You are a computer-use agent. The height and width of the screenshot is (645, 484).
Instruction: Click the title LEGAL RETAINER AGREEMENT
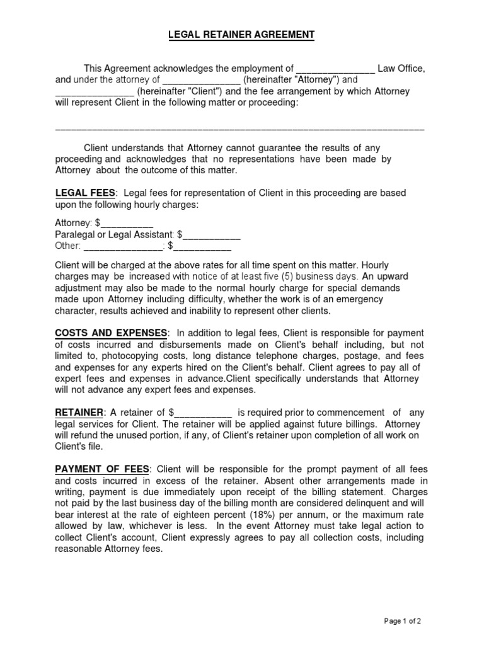coord(241,36)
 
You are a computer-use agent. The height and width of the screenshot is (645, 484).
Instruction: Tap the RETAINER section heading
coord(79,413)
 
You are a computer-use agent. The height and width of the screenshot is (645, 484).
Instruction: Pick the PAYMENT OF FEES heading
coord(102,469)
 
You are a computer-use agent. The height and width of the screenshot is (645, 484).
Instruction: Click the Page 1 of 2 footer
coord(402,620)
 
